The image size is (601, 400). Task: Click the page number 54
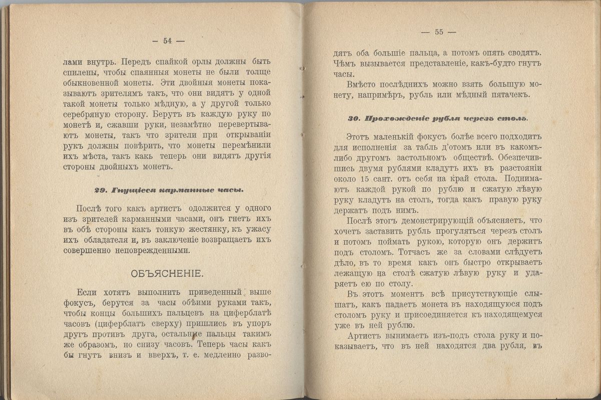click(167, 41)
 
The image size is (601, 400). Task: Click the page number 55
click(439, 32)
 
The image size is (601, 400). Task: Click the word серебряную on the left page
click(88, 114)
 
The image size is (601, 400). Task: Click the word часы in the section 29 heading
click(231, 190)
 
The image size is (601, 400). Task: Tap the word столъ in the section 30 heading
click(513, 119)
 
